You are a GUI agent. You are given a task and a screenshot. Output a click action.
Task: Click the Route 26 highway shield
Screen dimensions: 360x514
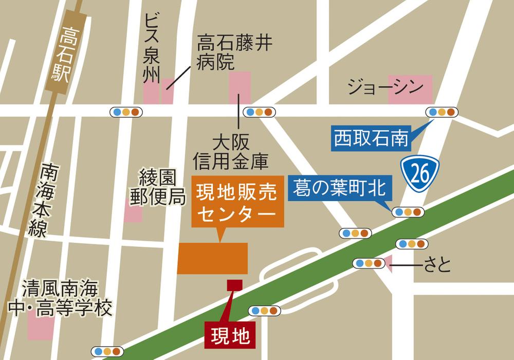coord(420,175)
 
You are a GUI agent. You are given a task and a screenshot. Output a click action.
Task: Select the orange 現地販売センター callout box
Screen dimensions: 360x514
coord(237,204)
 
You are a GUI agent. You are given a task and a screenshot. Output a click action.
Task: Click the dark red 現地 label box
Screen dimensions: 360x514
coord(228,335)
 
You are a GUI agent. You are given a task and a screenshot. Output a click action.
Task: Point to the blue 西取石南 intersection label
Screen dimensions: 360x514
coord(371,137)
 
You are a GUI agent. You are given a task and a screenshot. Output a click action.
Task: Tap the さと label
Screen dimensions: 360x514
coord(437,265)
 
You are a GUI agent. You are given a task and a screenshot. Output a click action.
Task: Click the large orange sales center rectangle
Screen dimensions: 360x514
coord(213,258)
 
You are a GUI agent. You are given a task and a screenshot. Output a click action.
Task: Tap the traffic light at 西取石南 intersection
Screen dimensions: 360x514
coord(441,112)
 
